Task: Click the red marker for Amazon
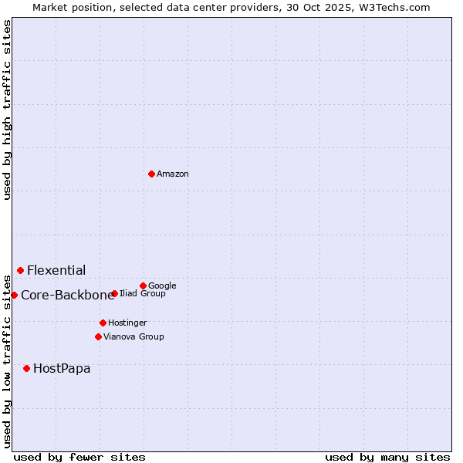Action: (x=151, y=174)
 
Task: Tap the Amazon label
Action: (x=173, y=174)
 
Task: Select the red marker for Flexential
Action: (x=20, y=270)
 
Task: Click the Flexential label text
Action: (x=56, y=271)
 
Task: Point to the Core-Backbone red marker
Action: (x=14, y=295)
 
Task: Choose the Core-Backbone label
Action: (x=67, y=296)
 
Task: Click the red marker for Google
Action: (x=143, y=286)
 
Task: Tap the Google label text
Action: (x=162, y=286)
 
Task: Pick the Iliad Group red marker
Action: (x=114, y=293)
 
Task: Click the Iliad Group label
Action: (x=143, y=294)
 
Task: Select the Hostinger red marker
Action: (x=103, y=323)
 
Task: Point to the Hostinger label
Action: (x=127, y=323)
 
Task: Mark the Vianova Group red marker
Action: (x=98, y=336)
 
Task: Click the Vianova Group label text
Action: (x=133, y=337)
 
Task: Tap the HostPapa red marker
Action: (x=26, y=368)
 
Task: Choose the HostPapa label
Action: (x=62, y=369)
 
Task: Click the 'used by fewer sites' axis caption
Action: (x=79, y=457)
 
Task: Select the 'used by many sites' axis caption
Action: (x=387, y=457)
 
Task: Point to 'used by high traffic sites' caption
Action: (x=7, y=110)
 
